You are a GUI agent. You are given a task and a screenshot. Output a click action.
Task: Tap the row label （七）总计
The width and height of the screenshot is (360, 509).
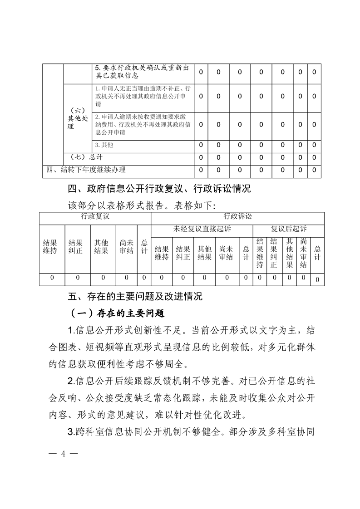[86, 157]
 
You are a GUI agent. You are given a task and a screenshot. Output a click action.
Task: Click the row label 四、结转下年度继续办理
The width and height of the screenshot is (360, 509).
[86, 170]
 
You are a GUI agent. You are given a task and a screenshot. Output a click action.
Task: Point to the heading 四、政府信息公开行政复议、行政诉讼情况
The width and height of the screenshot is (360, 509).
[159, 188]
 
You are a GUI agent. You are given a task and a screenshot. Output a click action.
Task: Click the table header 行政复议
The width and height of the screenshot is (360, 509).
[95, 217]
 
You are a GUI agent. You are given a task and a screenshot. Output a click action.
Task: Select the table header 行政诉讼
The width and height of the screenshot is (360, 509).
[237, 217]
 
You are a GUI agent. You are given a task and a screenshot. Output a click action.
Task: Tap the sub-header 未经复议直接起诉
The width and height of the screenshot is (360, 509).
[202, 229]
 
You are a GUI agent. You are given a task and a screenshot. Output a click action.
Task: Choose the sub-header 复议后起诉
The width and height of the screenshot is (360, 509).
[289, 229]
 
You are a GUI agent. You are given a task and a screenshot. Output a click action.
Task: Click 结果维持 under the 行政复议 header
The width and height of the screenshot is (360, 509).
[50, 247]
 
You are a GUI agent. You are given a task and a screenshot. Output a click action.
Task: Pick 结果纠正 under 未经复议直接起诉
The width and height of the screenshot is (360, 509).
[183, 253]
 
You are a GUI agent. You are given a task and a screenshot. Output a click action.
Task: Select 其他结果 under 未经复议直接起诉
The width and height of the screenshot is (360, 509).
[204, 253]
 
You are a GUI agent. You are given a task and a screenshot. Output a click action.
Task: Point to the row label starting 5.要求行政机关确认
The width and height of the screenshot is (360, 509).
[141, 72]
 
